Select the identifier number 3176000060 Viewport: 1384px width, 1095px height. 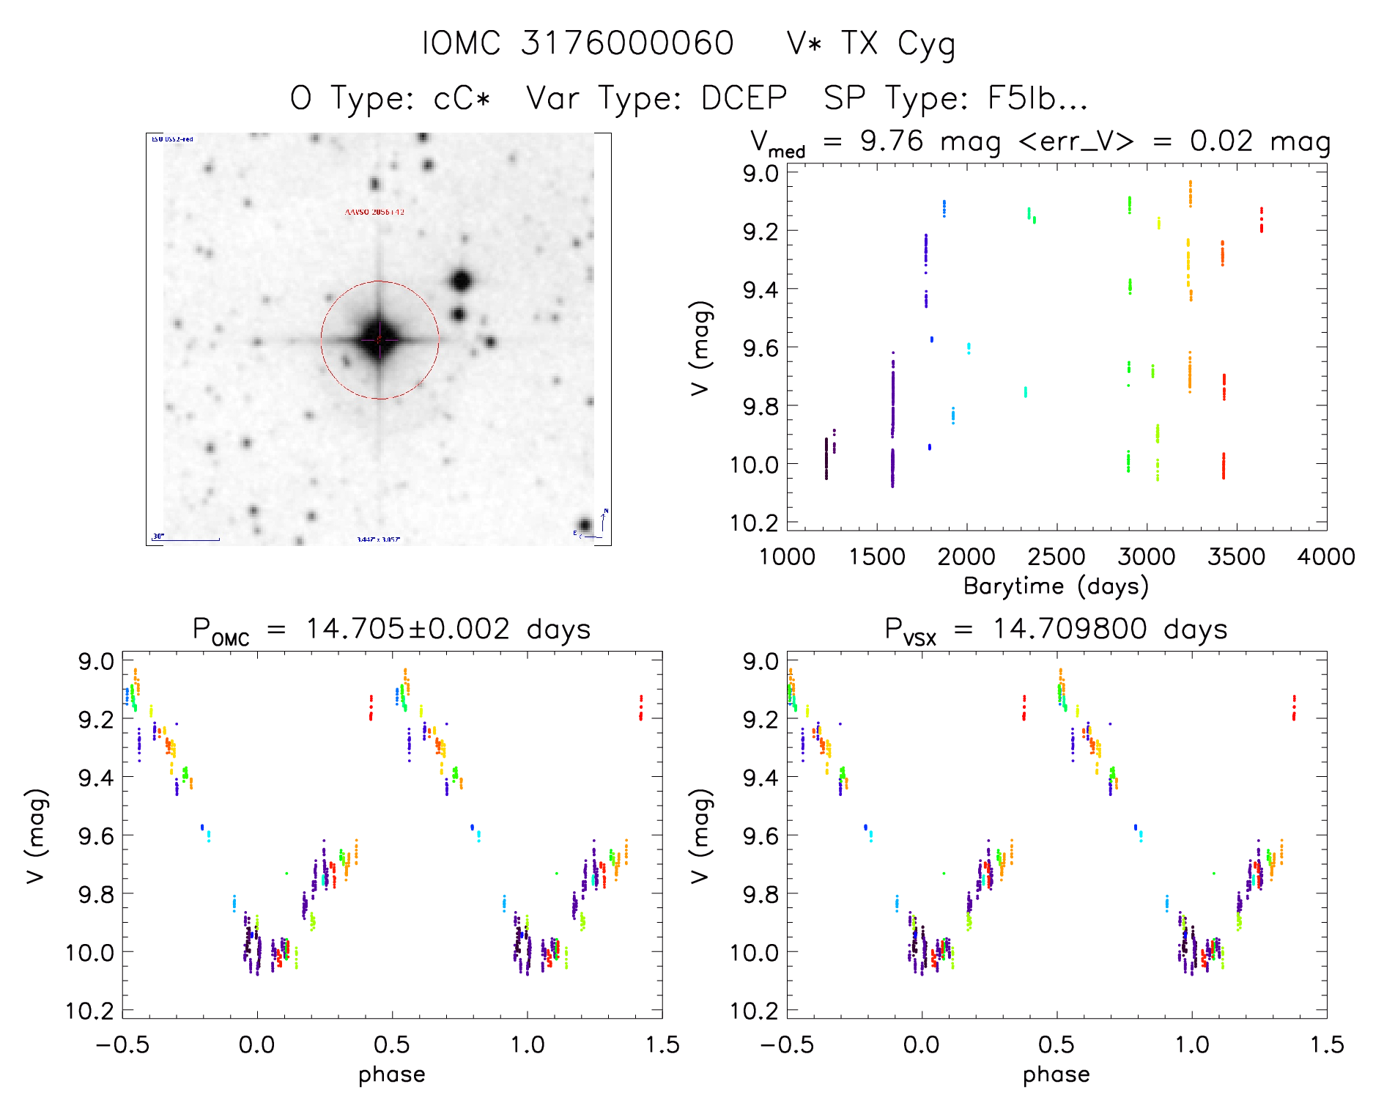627,44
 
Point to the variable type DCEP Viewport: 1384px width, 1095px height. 744,98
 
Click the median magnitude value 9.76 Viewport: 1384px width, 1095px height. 892,141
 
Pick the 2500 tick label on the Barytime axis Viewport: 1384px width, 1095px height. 1056,557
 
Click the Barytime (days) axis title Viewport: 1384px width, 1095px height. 1056,586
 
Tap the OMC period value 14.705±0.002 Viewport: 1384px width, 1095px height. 407,629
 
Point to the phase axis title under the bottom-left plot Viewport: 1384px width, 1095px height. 392,1074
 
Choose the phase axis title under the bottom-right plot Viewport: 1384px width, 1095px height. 1056,1074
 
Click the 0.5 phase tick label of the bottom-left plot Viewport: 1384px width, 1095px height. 392,1045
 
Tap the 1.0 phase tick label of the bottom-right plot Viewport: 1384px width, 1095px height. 1192,1045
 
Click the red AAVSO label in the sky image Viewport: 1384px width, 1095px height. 374,212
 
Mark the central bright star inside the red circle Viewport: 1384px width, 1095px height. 379,340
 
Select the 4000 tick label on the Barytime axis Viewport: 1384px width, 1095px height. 1326,557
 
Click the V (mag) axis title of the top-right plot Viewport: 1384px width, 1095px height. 700,347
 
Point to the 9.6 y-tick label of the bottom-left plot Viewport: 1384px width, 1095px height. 97,836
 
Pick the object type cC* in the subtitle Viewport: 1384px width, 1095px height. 462,98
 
